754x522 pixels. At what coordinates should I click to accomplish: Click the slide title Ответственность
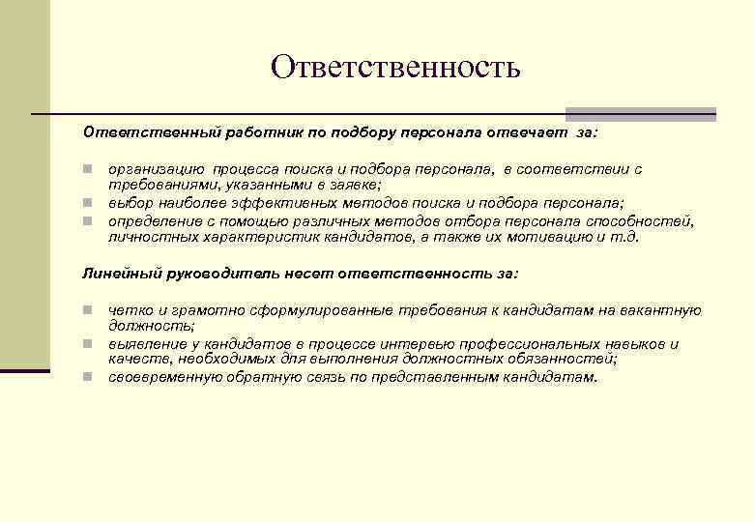pyautogui.click(x=395, y=67)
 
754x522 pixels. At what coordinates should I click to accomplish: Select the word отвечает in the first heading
pyautogui.click(x=531, y=130)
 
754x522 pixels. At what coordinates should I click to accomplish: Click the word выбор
pyautogui.click(x=130, y=202)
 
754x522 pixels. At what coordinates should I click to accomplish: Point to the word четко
pyautogui.click(x=129, y=310)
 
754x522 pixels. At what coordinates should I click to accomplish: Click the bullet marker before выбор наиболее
pyautogui.click(x=86, y=202)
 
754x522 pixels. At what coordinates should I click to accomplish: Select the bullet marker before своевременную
pyautogui.click(x=86, y=376)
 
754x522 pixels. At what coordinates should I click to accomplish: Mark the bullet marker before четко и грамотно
pyautogui.click(x=86, y=310)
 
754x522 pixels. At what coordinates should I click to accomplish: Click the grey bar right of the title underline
pyautogui.click(x=640, y=113)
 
